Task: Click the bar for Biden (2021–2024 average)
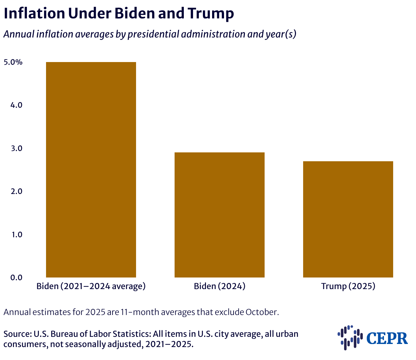coord(91,170)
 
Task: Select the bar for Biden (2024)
coord(219,215)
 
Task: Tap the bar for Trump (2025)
coord(348,219)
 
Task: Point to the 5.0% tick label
coord(13,62)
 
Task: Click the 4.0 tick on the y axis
coord(16,105)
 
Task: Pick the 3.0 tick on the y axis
coord(16,148)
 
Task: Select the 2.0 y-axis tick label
coord(16,191)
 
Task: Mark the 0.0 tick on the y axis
coord(16,277)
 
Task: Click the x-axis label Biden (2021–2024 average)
coord(91,286)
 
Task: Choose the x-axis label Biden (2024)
coord(220,286)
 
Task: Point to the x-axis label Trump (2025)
coord(348,286)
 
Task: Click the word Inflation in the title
coord(34,14)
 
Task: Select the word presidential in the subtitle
coord(153,34)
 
